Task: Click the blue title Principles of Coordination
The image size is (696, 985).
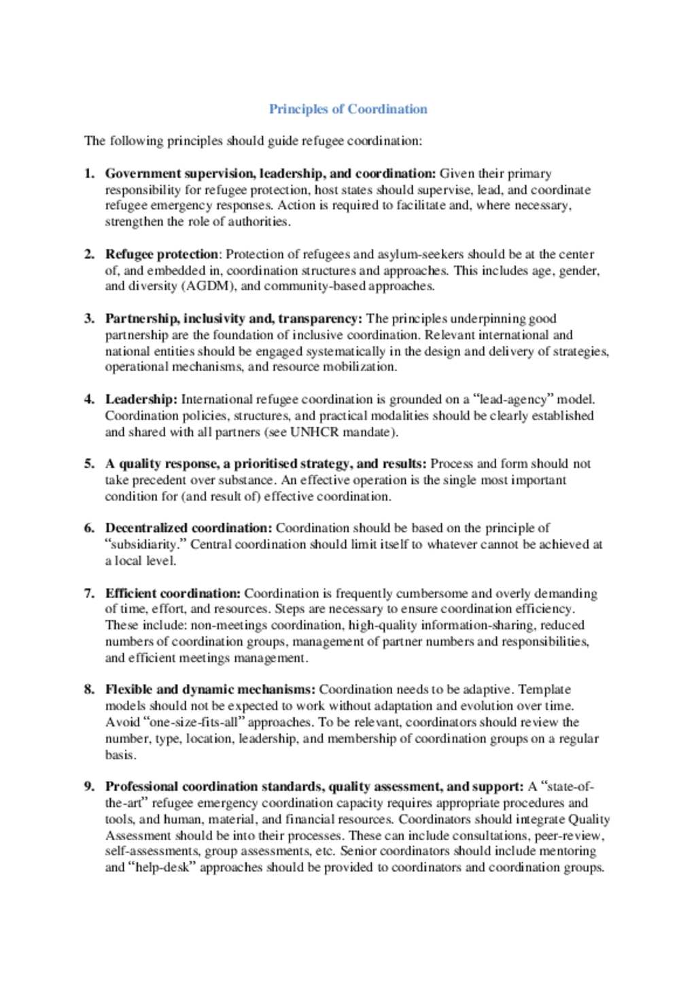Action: click(x=348, y=109)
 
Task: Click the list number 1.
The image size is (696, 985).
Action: click(x=89, y=173)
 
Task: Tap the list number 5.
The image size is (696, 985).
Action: click(x=89, y=464)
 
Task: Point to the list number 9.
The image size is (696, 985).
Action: click(x=89, y=787)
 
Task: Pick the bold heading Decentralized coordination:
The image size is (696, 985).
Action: click(x=188, y=528)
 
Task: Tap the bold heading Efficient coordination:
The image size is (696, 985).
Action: click(x=173, y=593)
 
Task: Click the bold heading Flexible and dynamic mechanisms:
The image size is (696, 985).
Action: click(x=210, y=689)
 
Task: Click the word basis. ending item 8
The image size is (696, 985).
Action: click(x=120, y=755)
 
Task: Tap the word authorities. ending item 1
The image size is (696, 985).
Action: click(x=259, y=222)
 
